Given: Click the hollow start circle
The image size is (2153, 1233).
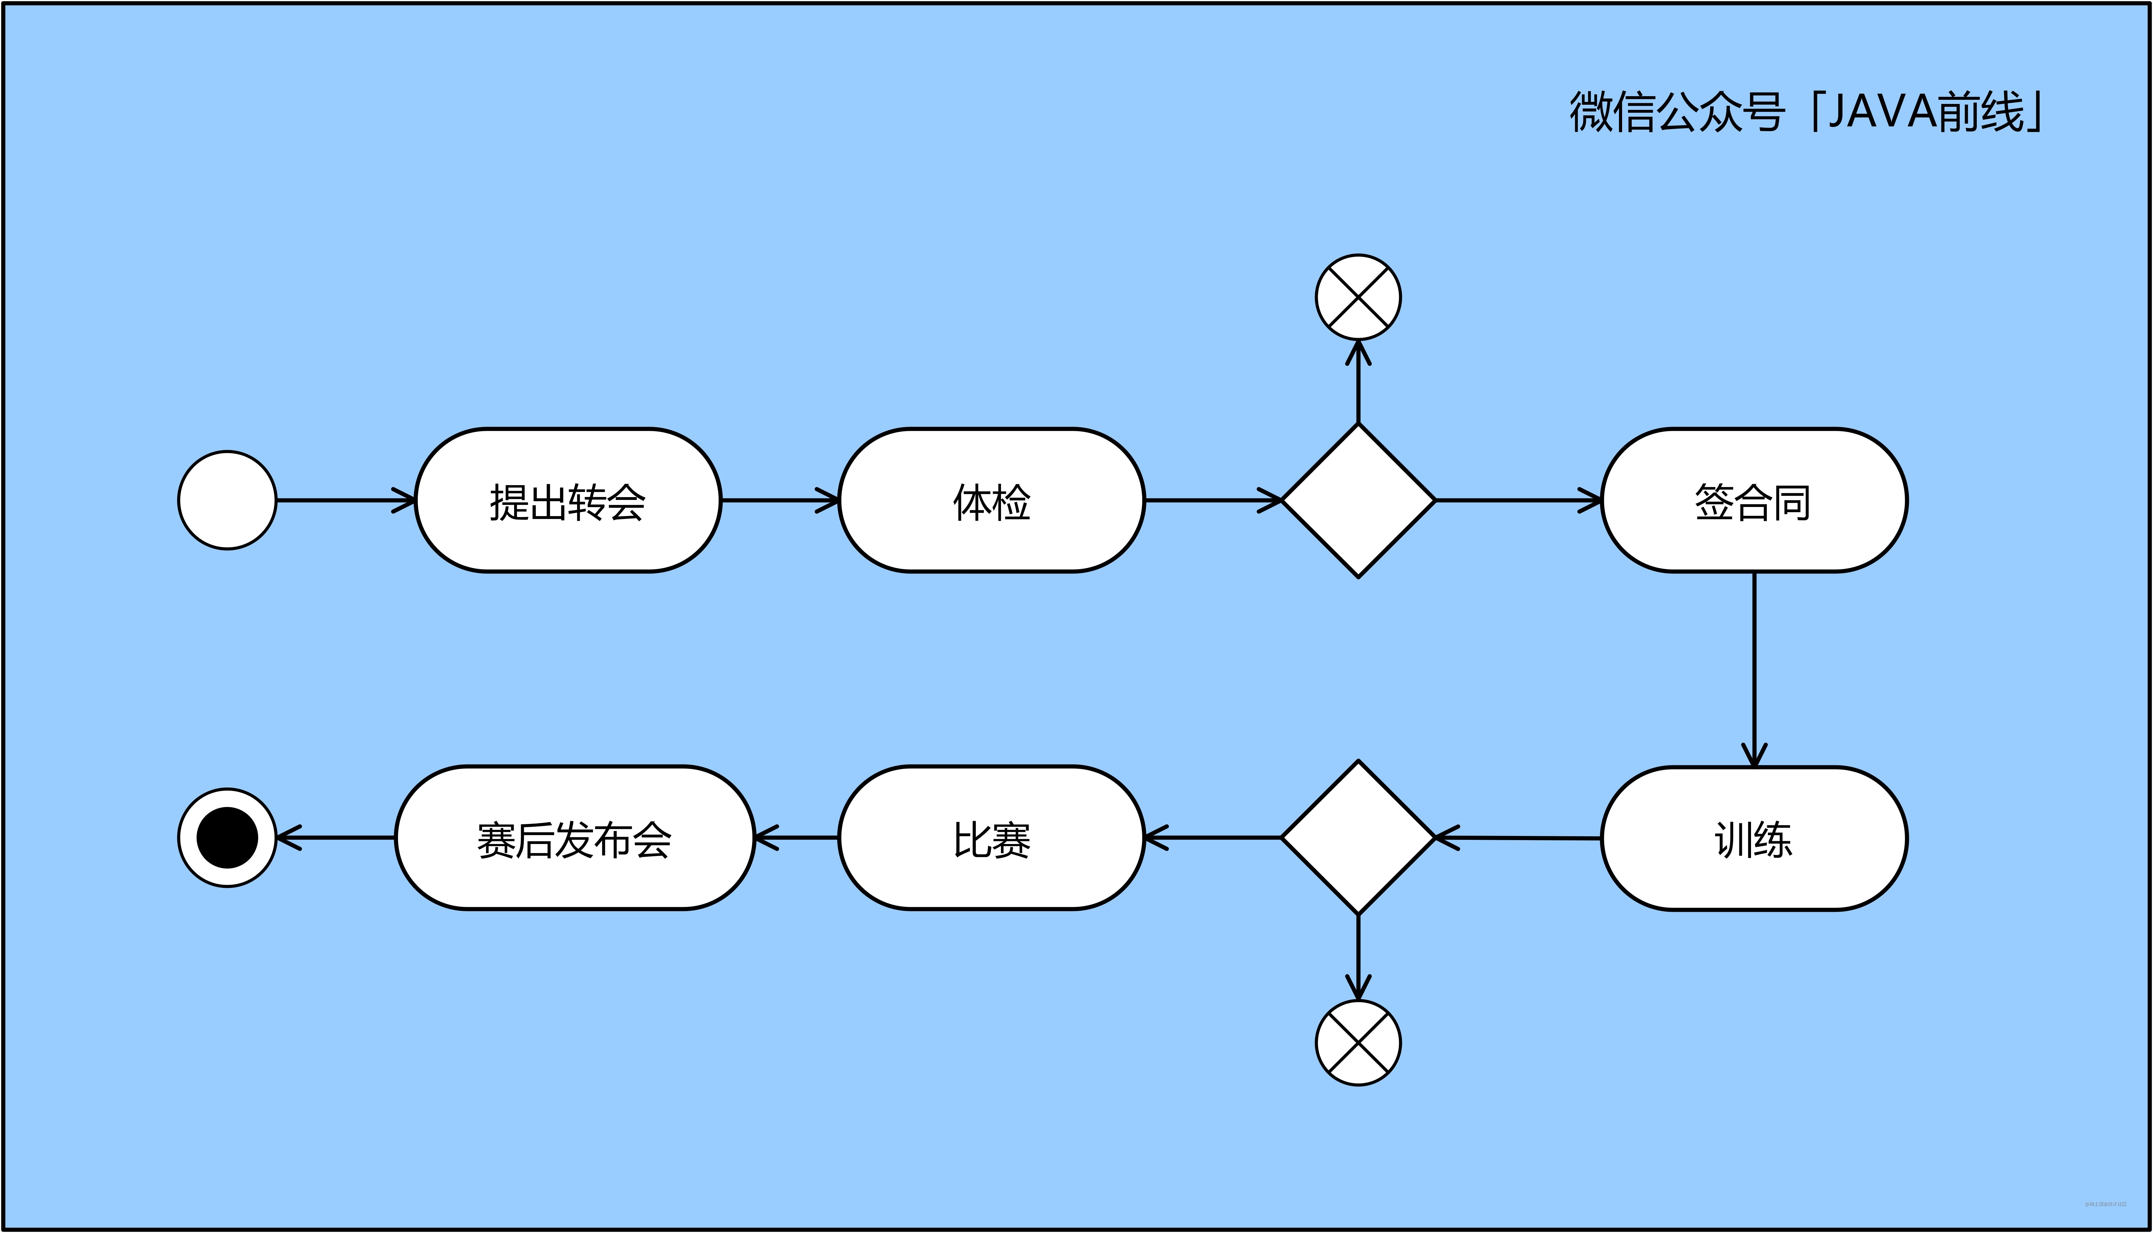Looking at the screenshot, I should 227,500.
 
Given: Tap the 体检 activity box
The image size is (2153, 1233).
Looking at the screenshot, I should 991,500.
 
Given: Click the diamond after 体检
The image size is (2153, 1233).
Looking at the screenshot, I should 1358,500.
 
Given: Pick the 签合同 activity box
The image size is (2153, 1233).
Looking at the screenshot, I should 1753,500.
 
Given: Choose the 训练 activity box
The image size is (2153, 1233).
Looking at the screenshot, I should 1753,838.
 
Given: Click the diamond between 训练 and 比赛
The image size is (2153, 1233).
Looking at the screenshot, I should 1358,838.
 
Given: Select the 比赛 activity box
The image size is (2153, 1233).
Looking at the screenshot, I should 991,838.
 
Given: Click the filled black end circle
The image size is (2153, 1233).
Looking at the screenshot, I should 227,838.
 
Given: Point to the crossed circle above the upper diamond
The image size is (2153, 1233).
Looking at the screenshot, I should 1358,297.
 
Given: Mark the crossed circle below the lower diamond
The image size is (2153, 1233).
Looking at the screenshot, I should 1358,1043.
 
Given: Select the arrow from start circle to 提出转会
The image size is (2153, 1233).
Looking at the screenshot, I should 345,500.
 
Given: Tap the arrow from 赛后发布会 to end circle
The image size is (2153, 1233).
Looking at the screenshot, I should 336,838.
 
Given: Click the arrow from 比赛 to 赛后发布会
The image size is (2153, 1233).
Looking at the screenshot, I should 796,838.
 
